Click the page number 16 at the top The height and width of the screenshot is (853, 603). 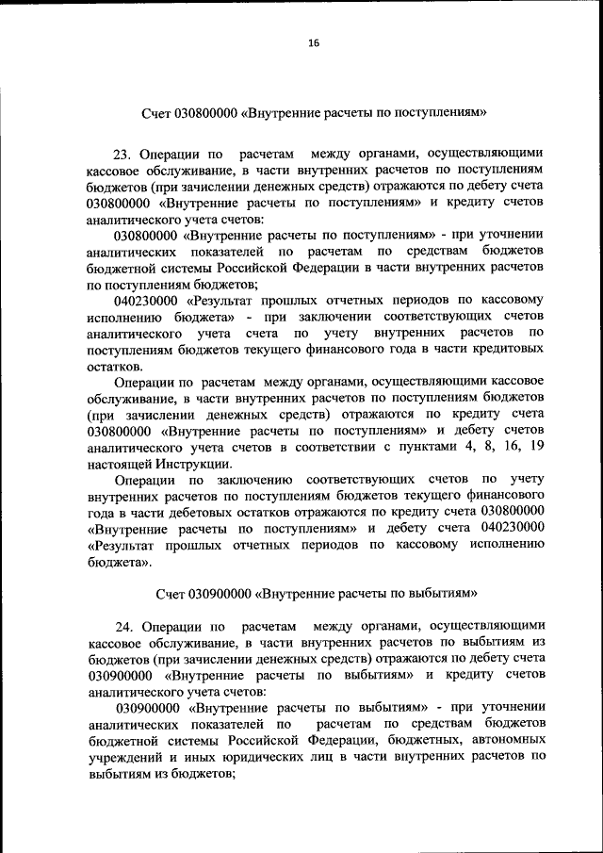click(x=313, y=42)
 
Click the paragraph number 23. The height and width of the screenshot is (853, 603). click(x=122, y=153)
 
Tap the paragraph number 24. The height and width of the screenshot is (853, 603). click(x=124, y=625)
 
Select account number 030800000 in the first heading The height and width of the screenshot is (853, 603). click(x=197, y=114)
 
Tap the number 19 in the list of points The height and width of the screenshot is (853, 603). click(x=536, y=448)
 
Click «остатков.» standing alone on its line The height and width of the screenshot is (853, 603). click(x=115, y=366)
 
